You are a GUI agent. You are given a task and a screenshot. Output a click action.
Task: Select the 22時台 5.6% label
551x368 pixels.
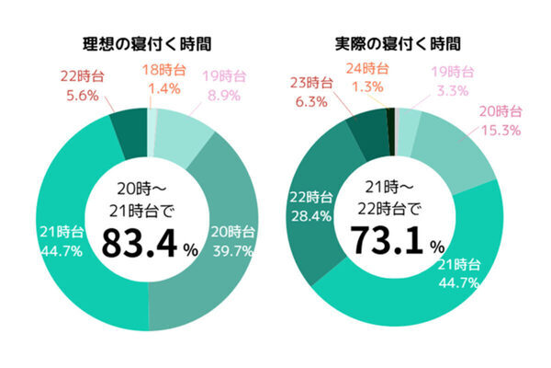(80, 85)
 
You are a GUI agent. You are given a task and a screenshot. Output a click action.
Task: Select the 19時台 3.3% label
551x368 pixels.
(453, 81)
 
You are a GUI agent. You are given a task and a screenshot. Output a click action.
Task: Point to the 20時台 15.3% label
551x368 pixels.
(500, 121)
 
